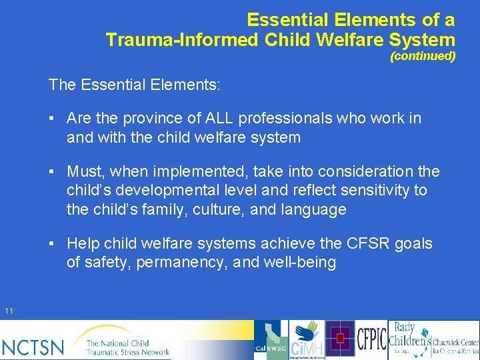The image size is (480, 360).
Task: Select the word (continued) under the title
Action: pyautogui.click(x=423, y=57)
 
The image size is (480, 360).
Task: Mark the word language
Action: pyautogui.click(x=314, y=209)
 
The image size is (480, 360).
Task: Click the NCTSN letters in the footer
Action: pyautogui.click(x=33, y=347)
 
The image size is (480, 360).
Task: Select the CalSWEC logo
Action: pyautogui.click(x=271, y=340)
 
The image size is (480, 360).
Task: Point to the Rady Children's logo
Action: pyautogui.click(x=409, y=340)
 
